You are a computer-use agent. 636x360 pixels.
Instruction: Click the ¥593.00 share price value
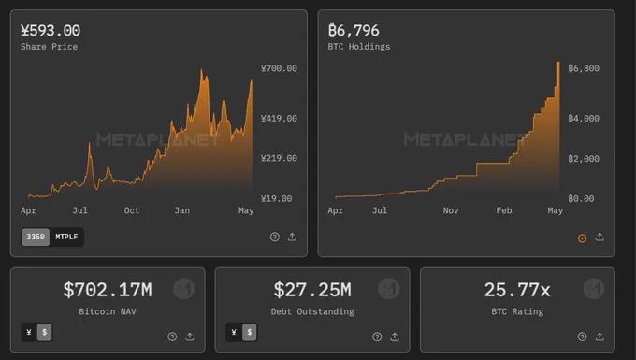(x=51, y=31)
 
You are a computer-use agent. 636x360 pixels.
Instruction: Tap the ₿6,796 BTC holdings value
(x=354, y=31)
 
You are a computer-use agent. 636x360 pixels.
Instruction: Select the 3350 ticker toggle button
(x=36, y=237)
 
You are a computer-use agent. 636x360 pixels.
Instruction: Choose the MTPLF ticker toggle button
(x=66, y=237)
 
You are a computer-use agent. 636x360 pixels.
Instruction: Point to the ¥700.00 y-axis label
(x=279, y=68)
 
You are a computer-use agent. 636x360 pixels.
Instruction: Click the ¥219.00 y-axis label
(x=279, y=159)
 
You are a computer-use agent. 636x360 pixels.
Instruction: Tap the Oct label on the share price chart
(x=132, y=210)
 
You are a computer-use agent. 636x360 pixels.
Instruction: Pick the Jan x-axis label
(x=182, y=210)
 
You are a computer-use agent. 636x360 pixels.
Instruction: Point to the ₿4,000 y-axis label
(x=584, y=119)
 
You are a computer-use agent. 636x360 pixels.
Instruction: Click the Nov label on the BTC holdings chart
(x=451, y=210)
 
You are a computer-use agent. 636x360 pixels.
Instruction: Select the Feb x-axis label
(x=504, y=210)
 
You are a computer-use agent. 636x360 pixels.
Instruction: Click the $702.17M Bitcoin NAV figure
(x=108, y=290)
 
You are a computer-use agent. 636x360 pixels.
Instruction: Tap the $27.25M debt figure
(x=312, y=290)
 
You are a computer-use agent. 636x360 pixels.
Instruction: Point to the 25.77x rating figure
(x=517, y=290)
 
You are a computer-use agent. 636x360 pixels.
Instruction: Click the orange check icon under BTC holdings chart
(x=582, y=238)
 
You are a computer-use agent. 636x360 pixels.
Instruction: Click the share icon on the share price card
(x=292, y=237)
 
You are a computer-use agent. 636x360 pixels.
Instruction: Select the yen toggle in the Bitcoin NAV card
(x=29, y=333)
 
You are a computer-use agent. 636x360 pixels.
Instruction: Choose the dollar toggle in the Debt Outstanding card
(x=250, y=333)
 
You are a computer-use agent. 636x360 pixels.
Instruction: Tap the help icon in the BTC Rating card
(x=582, y=337)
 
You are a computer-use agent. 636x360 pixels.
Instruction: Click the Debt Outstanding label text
(x=312, y=311)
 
